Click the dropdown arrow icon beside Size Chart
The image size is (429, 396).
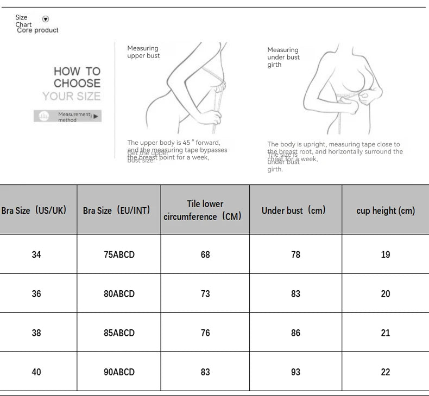pyautogui.click(x=46, y=19)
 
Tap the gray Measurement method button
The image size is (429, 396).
pyautogui.click(x=67, y=116)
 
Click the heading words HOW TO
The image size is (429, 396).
pyautogui.click(x=77, y=71)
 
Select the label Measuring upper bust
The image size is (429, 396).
pyautogui.click(x=143, y=52)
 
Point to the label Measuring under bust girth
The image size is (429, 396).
pyautogui.click(x=283, y=57)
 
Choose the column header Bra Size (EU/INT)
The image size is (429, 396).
pyautogui.click(x=116, y=210)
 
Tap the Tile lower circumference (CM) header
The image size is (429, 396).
pyautogui.click(x=205, y=210)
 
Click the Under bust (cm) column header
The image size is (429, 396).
pyautogui.click(x=294, y=210)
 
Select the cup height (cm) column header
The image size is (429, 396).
pyautogui.click(x=386, y=210)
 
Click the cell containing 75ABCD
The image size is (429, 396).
pyautogui.click(x=119, y=254)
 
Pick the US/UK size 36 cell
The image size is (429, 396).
pyautogui.click(x=36, y=293)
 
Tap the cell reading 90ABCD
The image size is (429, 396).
pyautogui.click(x=119, y=372)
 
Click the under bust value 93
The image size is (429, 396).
pyautogui.click(x=295, y=372)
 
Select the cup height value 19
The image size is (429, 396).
pyautogui.click(x=386, y=254)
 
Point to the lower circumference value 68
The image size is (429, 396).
pyautogui.click(x=205, y=254)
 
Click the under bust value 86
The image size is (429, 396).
pyautogui.click(x=295, y=333)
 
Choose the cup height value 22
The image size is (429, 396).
pyautogui.click(x=386, y=372)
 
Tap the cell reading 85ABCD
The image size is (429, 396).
pyautogui.click(x=119, y=333)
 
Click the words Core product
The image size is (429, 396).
pyautogui.click(x=37, y=30)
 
